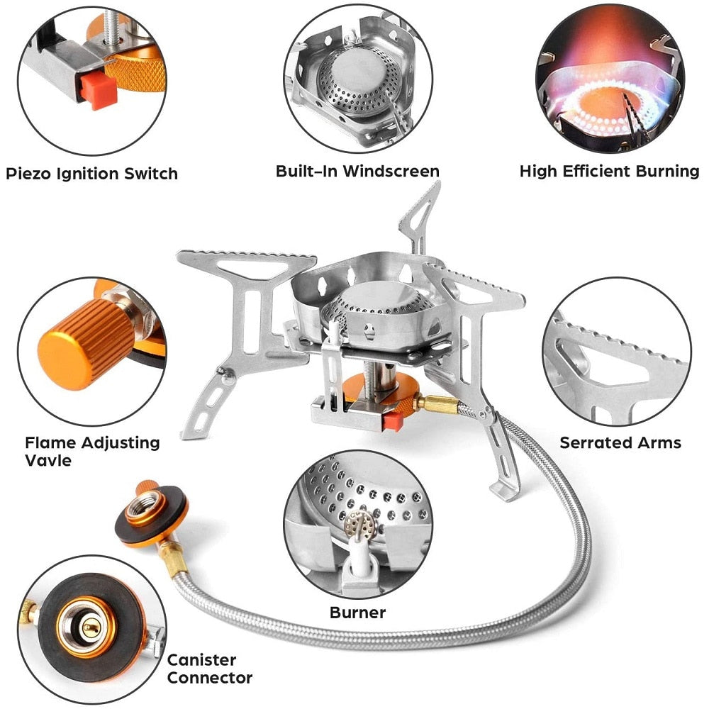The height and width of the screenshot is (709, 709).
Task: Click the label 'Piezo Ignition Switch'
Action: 92,174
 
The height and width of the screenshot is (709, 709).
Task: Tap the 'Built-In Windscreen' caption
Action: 357,171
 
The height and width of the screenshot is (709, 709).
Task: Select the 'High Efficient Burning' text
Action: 609,171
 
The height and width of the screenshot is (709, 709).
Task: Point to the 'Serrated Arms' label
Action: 620,442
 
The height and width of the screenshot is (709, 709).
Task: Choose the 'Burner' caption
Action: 357,612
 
